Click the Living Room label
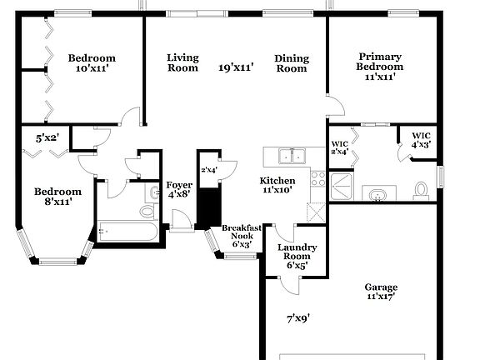(x=182, y=62)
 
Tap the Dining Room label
(x=292, y=63)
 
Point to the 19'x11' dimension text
(x=237, y=67)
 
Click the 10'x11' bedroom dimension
(x=92, y=69)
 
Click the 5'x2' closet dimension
(x=47, y=137)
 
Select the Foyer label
(x=179, y=185)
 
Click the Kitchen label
(x=277, y=181)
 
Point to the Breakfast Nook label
(x=242, y=233)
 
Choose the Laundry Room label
(x=297, y=253)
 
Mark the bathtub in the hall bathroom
(x=127, y=232)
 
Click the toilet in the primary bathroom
(x=421, y=191)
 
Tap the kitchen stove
(x=317, y=177)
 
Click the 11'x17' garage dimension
(x=381, y=297)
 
